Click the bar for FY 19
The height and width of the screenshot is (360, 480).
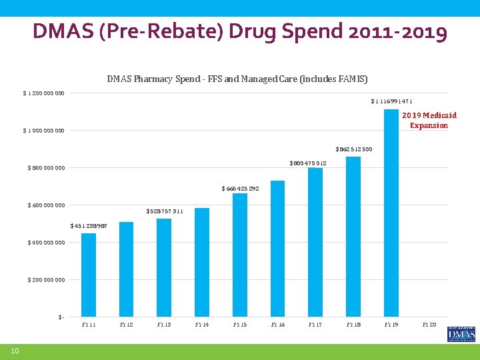(x=391, y=213)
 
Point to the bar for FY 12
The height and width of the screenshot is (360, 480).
(x=126, y=269)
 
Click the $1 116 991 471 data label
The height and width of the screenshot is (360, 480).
(x=391, y=101)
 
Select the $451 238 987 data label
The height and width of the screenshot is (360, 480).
(x=89, y=225)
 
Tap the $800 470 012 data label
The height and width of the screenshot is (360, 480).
(x=307, y=163)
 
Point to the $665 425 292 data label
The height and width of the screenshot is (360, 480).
(x=240, y=189)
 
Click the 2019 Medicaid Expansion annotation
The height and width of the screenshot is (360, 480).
(x=429, y=121)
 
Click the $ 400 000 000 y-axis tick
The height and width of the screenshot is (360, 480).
(x=46, y=243)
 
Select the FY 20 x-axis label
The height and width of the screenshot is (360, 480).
(x=429, y=325)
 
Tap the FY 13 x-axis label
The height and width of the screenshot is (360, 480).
(x=164, y=325)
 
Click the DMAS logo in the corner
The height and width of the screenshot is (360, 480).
(x=461, y=334)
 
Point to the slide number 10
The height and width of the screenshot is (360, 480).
(x=14, y=351)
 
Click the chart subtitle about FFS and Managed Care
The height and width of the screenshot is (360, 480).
(x=237, y=79)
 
